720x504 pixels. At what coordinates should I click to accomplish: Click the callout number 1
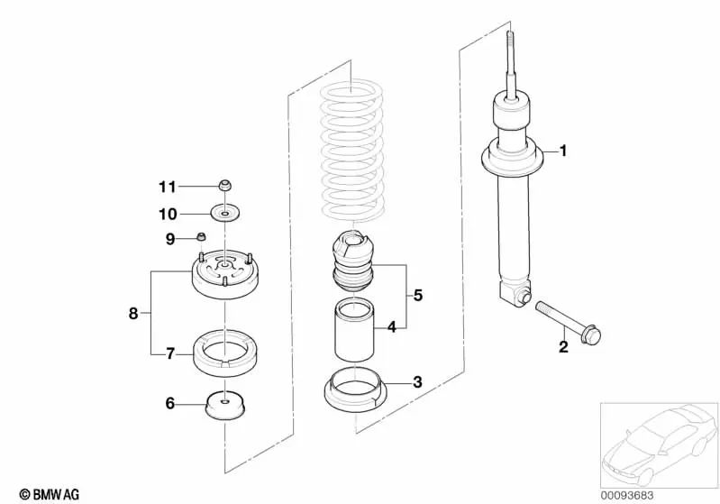click(563, 151)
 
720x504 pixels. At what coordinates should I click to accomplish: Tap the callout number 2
click(563, 347)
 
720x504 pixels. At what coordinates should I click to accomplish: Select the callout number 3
click(417, 382)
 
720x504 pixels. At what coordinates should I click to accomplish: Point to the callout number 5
click(417, 295)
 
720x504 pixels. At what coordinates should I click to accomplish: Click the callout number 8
click(133, 313)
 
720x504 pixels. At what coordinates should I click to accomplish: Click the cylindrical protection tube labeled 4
click(355, 331)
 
